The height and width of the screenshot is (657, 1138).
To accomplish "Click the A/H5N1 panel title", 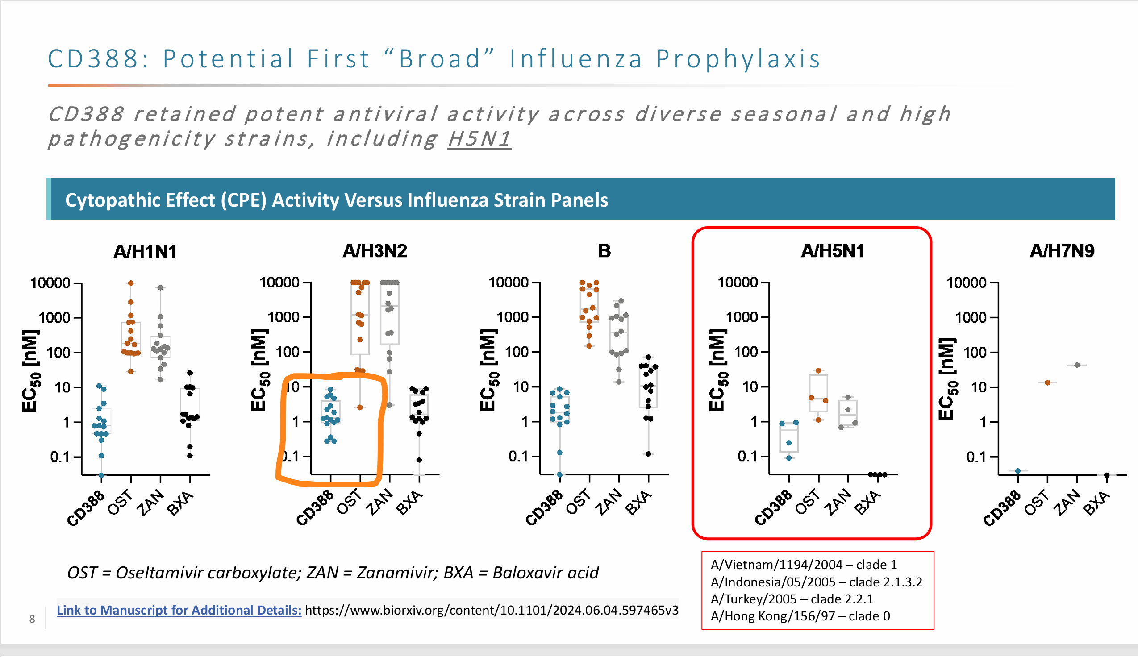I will click(832, 251).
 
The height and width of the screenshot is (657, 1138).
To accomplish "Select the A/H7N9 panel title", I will click(1061, 251).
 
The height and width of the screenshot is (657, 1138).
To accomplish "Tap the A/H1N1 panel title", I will click(145, 251).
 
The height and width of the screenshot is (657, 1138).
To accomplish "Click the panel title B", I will click(604, 251).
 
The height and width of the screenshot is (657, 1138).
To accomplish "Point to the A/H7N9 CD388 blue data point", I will click(1017, 470).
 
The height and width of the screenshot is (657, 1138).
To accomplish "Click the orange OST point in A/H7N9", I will click(1047, 383).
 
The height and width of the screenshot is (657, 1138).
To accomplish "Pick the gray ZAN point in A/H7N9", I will click(1077, 365).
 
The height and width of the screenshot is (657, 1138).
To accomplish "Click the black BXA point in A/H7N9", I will click(1106, 475).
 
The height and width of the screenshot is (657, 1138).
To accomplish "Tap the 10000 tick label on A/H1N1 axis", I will click(50, 283).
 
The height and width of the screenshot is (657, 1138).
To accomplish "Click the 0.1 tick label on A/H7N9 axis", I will click(976, 457).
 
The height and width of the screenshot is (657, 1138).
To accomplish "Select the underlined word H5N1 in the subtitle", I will click(479, 138).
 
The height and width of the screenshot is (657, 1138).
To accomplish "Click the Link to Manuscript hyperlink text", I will click(179, 610).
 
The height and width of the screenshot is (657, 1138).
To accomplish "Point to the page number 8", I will click(32, 619).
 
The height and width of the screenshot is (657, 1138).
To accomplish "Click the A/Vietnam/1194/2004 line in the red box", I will click(803, 565).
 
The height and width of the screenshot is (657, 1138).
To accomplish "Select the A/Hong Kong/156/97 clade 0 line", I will click(800, 616).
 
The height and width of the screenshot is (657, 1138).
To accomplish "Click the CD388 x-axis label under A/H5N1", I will click(773, 507).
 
